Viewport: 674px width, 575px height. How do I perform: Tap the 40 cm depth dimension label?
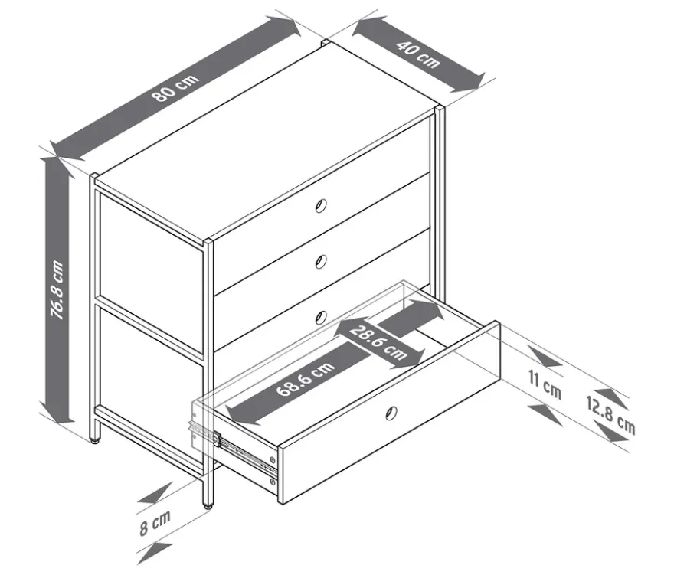coord(418,54)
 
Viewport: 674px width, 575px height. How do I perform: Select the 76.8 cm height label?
coord(57,289)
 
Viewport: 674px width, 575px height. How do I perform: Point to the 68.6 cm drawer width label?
coord(305,378)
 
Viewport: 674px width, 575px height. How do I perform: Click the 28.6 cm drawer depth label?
coord(378,343)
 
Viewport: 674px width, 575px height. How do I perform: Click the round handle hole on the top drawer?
coord(321,206)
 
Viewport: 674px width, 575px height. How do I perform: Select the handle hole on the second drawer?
coord(321,261)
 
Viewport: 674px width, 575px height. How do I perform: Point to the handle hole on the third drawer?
coord(321,318)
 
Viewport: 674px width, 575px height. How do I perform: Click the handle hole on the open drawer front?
coord(391,413)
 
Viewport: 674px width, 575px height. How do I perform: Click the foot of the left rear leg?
coord(96,439)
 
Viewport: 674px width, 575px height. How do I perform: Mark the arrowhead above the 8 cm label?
coord(155,494)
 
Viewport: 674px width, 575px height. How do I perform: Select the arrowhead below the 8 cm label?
coord(155,553)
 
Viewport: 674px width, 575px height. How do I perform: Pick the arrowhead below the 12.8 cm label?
coord(611,433)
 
